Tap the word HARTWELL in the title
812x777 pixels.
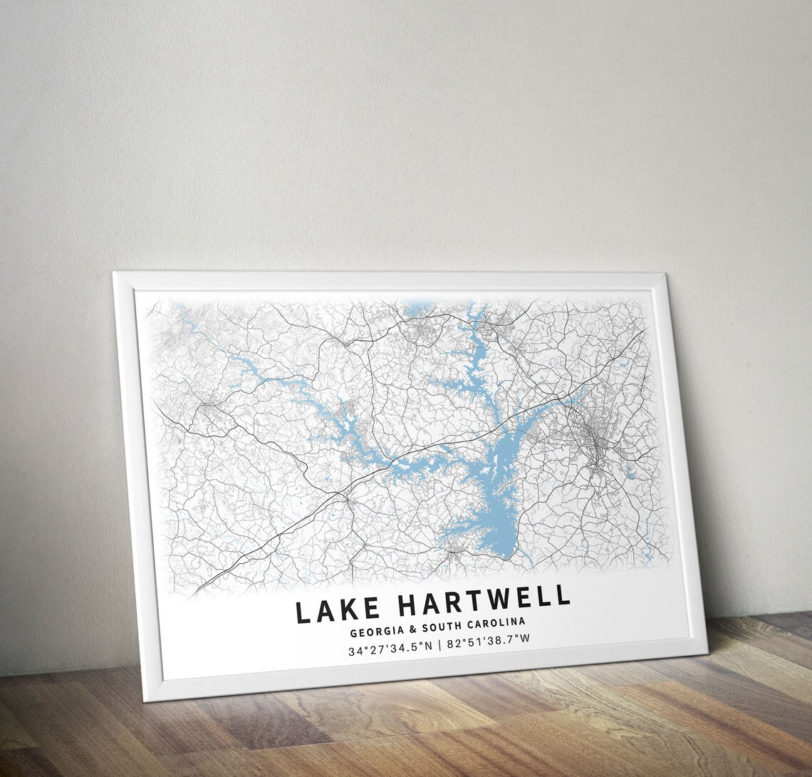(x=484, y=603)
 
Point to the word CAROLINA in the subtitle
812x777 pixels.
(x=498, y=626)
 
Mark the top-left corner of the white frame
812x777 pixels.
(x=114, y=272)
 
